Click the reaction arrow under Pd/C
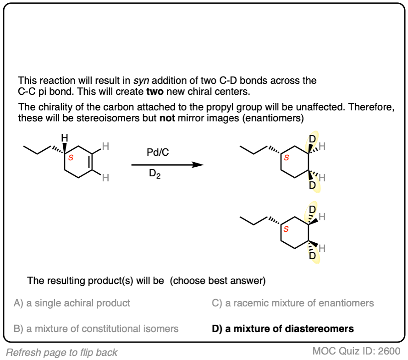point(167,164)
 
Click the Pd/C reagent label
point(158,153)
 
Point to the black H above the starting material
point(65,138)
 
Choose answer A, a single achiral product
point(72,303)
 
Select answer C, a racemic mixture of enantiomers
point(292,303)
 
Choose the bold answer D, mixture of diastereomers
point(283,328)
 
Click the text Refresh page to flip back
point(62,352)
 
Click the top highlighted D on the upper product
point(313,138)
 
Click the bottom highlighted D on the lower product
point(312,256)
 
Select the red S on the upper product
point(287,158)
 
